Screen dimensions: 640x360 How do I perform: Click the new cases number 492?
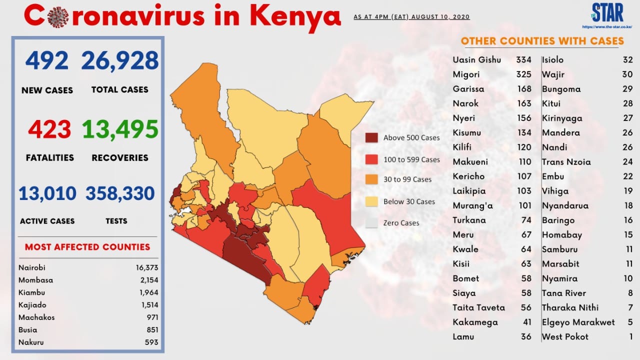47,60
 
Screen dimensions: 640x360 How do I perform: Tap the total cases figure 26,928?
119,60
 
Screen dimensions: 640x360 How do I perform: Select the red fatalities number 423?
49,129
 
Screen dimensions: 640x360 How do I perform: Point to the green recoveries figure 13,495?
120,129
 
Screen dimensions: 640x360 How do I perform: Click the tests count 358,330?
120,193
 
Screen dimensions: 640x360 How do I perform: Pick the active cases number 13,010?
47,193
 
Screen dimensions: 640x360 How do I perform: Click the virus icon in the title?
58,17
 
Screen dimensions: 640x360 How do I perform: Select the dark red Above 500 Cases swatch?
371,137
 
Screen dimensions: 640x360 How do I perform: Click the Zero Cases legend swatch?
371,223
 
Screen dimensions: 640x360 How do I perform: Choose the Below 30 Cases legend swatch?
371,201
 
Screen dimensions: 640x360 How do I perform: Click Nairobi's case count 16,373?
147,267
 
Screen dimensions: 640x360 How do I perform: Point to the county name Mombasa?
35,280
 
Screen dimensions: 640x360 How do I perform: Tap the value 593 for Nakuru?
151,342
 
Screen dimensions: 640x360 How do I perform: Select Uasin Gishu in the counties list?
477,59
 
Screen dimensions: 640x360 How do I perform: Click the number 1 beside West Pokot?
630,336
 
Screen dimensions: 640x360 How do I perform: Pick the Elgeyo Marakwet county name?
578,322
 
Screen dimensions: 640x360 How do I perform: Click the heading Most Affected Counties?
87,247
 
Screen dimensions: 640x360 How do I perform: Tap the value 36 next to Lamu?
526,336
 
